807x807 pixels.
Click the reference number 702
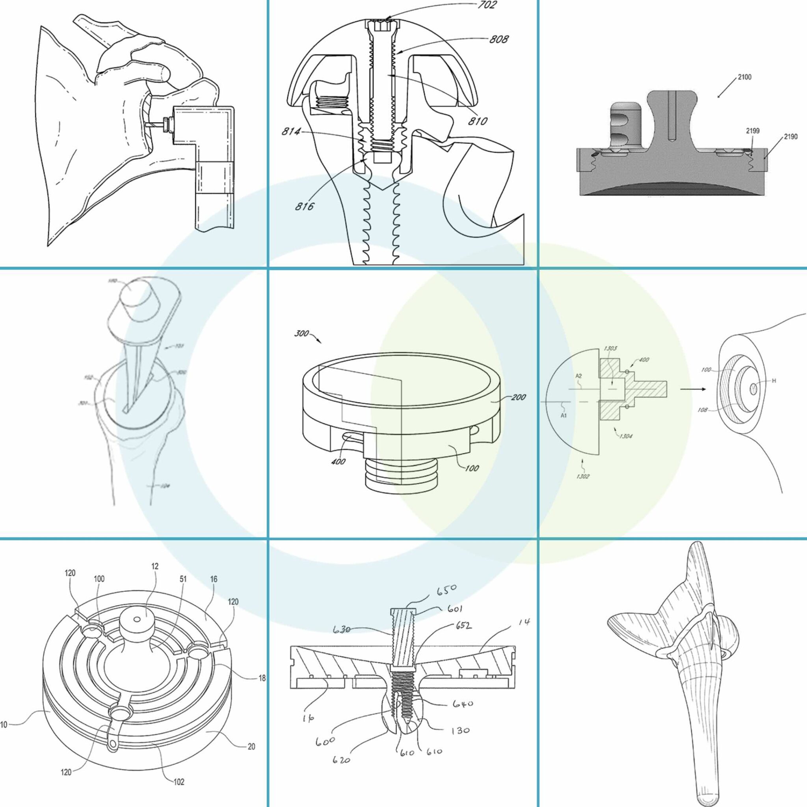[487, 6]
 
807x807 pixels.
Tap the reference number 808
[499, 39]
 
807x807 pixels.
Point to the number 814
[291, 132]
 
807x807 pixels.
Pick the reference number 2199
[753, 131]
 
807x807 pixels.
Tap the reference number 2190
[790, 137]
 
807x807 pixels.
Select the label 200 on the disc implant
[519, 397]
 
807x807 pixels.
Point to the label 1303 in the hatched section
[610, 348]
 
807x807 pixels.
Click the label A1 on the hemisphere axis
[563, 415]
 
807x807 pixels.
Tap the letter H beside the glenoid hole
[774, 381]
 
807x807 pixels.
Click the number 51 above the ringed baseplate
[183, 579]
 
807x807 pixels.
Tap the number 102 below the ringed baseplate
[179, 782]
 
